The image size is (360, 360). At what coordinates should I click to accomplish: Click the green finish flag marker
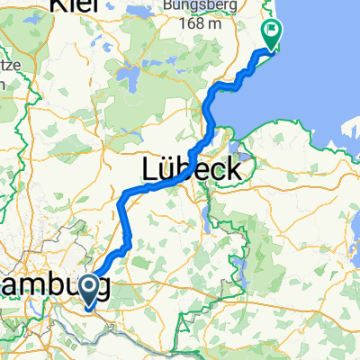(x=271, y=34)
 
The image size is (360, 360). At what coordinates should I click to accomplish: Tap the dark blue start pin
(x=91, y=291)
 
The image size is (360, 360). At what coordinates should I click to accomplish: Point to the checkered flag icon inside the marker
(x=271, y=31)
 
